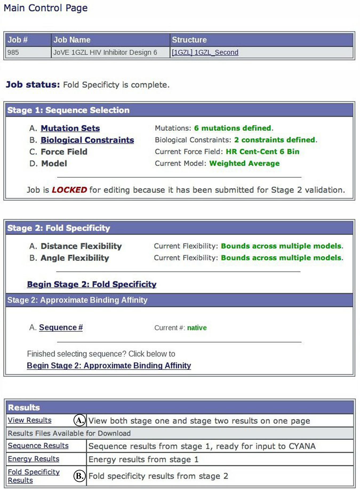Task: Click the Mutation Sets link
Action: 70,128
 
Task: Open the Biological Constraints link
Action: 87,140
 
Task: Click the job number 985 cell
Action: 13,52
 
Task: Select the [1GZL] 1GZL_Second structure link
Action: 205,52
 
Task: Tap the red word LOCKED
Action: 69,190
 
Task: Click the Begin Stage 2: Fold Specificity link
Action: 92,284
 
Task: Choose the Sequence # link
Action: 61,328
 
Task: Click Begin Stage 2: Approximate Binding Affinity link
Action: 109,365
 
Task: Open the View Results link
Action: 30,420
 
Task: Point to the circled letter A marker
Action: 79,420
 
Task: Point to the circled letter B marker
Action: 79,476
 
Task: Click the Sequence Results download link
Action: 38,445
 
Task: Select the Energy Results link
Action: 34,459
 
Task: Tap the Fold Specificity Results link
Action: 34,476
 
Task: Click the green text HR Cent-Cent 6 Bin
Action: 262,152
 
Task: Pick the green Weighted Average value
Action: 244,163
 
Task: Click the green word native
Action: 197,328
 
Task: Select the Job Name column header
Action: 72,40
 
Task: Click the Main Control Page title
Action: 46,8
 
